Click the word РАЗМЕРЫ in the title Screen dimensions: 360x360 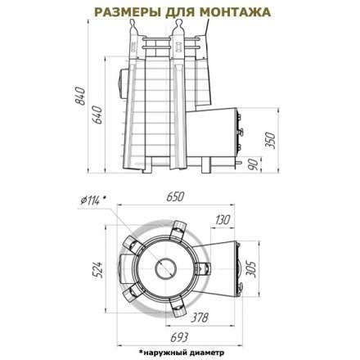pyautogui.click(x=124, y=14)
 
